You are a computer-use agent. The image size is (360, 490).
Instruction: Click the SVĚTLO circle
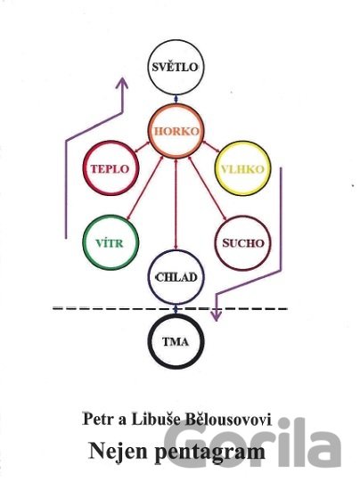pyautogui.click(x=149, y=67)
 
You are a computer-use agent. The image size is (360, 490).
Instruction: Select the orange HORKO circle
pyautogui.click(x=150, y=131)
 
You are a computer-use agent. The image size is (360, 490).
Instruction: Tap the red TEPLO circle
pyautogui.click(x=85, y=168)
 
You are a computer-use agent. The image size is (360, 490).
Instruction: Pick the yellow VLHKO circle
pyautogui.click(x=217, y=168)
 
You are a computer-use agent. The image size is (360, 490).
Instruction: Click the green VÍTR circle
pyautogui.click(x=84, y=243)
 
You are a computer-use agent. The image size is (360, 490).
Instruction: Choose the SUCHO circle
pyautogui.click(x=217, y=243)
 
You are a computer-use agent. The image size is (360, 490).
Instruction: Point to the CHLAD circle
pyautogui.click(x=149, y=277)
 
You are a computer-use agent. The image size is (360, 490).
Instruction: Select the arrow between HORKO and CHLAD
pyautogui.click(x=176, y=204)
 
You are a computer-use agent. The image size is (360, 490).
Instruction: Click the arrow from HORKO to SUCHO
pyautogui.click(x=208, y=188)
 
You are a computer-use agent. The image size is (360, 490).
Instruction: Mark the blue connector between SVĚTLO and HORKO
pyautogui.click(x=176, y=100)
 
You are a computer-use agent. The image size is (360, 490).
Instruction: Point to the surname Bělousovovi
pyautogui.click(x=228, y=420)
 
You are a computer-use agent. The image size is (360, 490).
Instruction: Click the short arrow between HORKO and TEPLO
pyautogui.click(x=143, y=148)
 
